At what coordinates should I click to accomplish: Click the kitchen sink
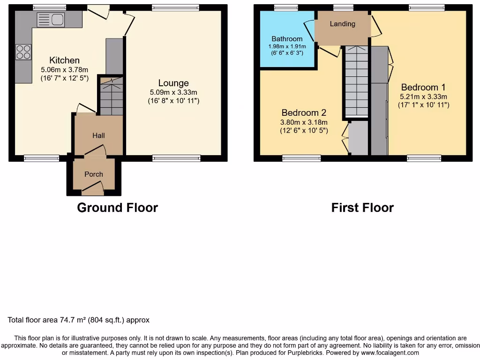tap(51, 20)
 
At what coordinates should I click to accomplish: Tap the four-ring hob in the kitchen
tap(23, 52)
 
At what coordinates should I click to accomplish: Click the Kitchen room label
tap(65, 60)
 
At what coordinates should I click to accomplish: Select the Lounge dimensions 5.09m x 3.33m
tap(173, 92)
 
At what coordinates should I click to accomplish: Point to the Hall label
tap(98, 135)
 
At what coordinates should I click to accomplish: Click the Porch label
tap(94, 174)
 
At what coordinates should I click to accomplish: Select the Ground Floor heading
tap(118, 208)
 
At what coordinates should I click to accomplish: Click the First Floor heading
tap(362, 208)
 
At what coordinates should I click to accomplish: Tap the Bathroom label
tap(287, 39)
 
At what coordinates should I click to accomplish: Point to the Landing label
tap(343, 23)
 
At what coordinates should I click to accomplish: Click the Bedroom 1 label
tap(423, 87)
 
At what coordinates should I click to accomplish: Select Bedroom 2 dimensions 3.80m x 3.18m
tap(304, 122)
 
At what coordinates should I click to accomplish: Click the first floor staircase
tap(357, 81)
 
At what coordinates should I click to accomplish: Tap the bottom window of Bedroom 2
tap(301, 158)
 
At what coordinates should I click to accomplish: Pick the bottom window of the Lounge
tap(177, 158)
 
